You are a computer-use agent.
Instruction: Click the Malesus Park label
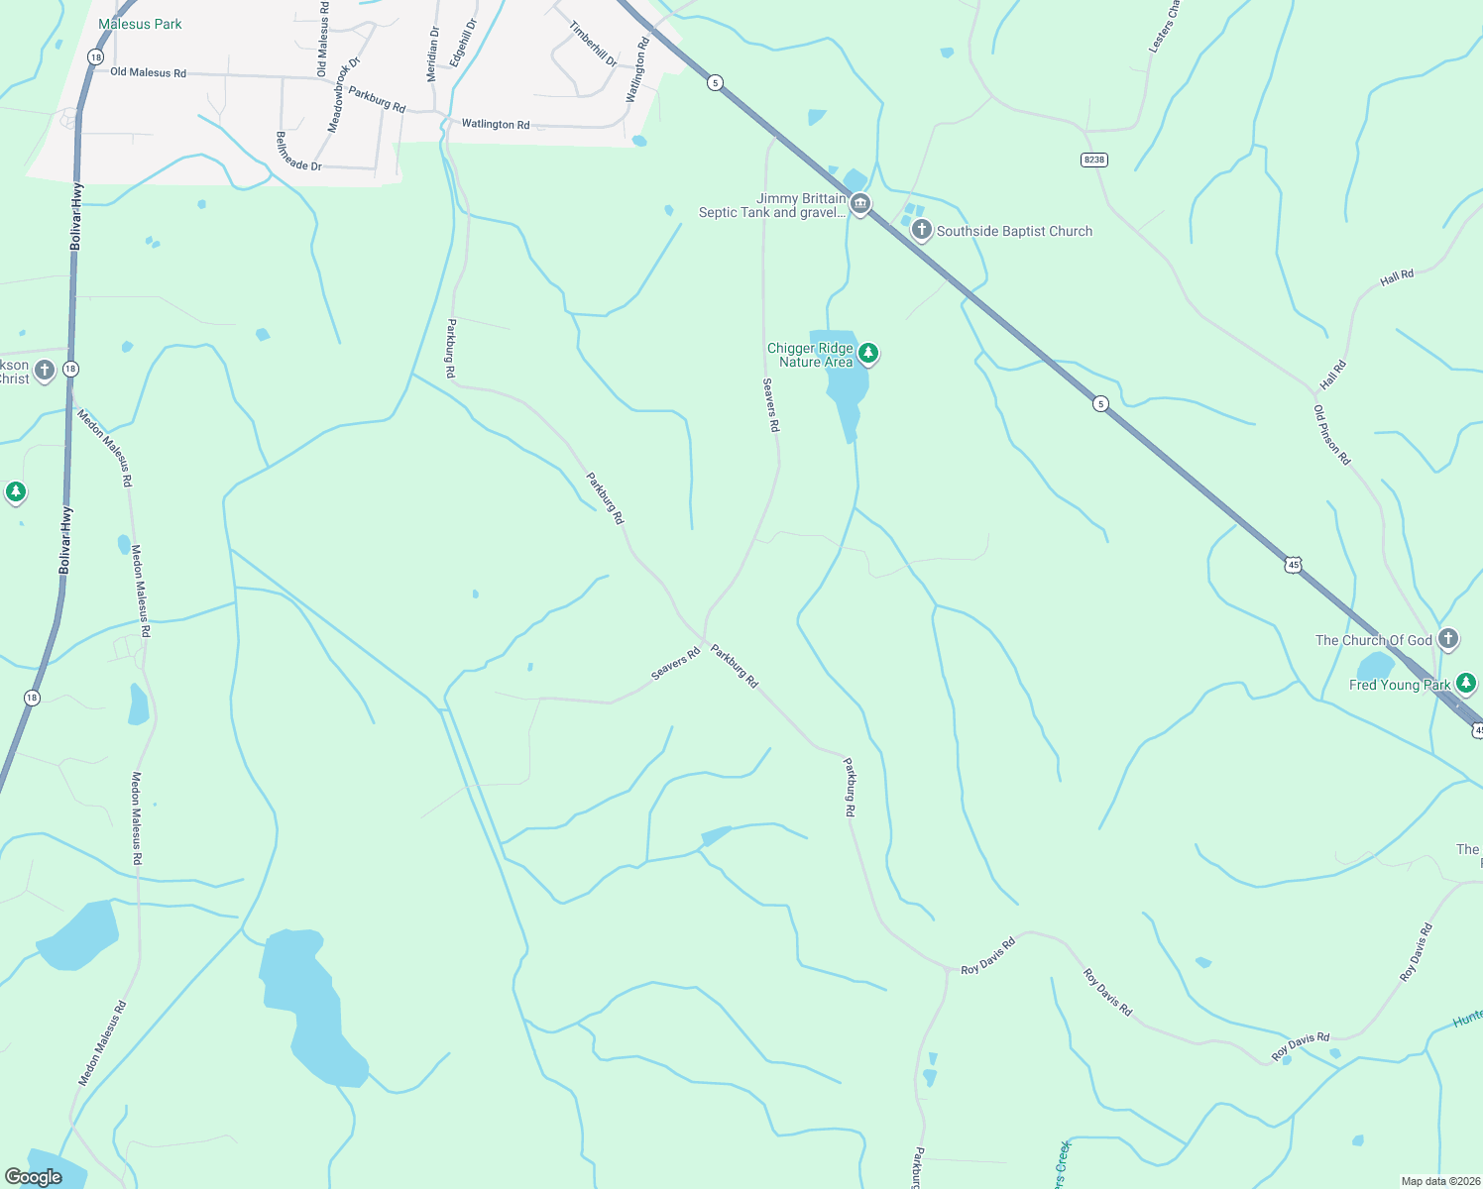tap(140, 24)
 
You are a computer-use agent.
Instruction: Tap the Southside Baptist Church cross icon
tap(922, 231)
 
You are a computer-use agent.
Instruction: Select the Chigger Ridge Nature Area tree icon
tap(868, 353)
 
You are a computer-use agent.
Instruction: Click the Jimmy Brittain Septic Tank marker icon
tap(860, 205)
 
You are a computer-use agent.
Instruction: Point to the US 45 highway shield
tap(1292, 565)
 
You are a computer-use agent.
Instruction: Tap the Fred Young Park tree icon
tap(1466, 683)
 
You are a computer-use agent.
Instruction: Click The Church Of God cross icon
tap(1448, 639)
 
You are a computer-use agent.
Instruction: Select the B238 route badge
tap(1093, 160)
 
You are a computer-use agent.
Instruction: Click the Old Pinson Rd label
tap(1331, 435)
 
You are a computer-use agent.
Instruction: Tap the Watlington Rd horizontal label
tap(496, 124)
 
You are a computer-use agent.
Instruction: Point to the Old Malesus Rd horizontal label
tap(148, 72)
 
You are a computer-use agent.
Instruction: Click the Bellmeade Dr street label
tap(298, 152)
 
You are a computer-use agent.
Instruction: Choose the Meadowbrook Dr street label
tap(343, 95)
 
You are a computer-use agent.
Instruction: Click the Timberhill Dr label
tap(593, 45)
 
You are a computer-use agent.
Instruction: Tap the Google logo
tap(34, 1176)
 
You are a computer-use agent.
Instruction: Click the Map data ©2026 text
tap(1437, 1181)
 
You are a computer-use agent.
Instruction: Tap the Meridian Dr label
tap(432, 54)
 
